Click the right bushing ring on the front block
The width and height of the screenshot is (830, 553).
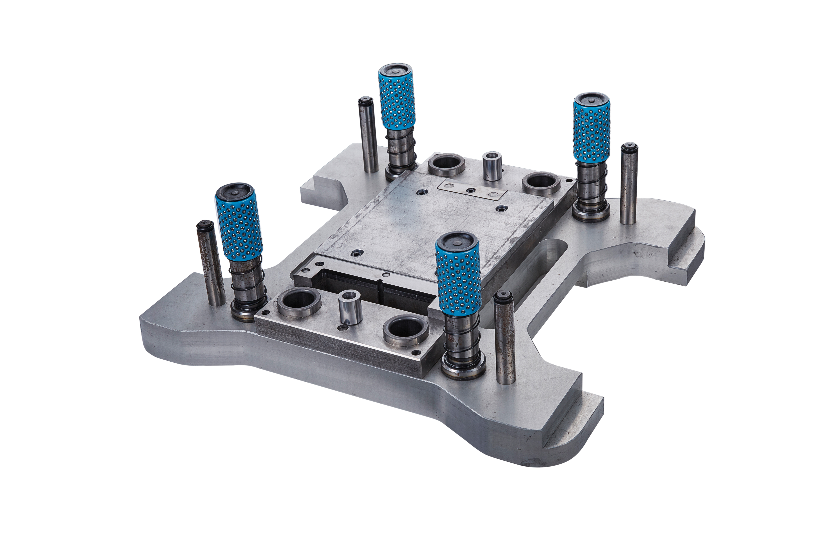coord(406,330)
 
